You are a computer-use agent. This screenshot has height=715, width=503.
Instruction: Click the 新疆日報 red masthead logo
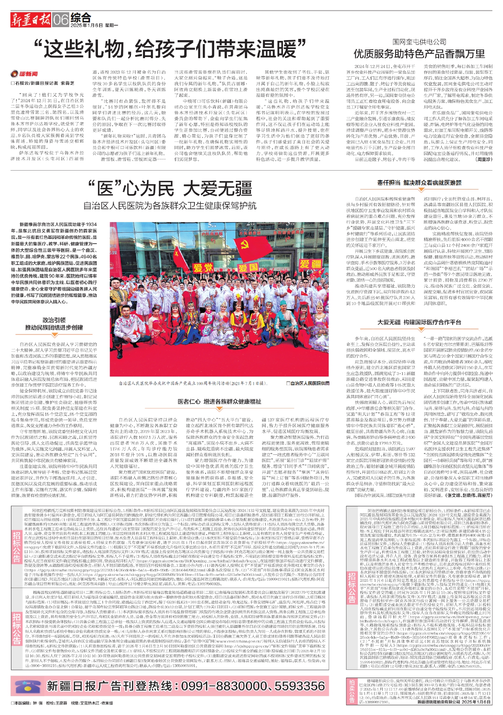pyautogui.click(x=31, y=19)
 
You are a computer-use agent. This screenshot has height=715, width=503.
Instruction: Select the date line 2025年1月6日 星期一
pyautogui.click(x=94, y=26)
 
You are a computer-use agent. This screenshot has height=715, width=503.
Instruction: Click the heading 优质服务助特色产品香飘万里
pyautogui.click(x=419, y=54)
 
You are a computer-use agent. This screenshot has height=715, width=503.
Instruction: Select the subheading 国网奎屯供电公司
pyautogui.click(x=419, y=42)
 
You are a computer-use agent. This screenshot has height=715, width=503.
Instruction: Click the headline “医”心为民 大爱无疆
pyautogui.click(x=169, y=188)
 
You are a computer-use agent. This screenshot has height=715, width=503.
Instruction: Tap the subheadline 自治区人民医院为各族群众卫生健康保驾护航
pyautogui.click(x=169, y=205)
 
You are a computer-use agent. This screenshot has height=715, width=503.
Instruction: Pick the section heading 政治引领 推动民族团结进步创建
pyautogui.click(x=54, y=323)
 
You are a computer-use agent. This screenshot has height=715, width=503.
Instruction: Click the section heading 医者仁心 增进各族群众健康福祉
pyautogui.click(x=219, y=401)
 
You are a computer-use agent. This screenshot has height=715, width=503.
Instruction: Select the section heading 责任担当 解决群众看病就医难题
pyautogui.click(x=419, y=183)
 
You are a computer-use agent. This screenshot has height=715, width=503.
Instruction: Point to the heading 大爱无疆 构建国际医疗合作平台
pyautogui.click(x=419, y=322)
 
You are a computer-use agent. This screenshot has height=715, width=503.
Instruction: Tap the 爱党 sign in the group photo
pyautogui.click(x=203, y=268)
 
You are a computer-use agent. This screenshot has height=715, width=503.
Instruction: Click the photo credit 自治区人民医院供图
pyautogui.click(x=308, y=383)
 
